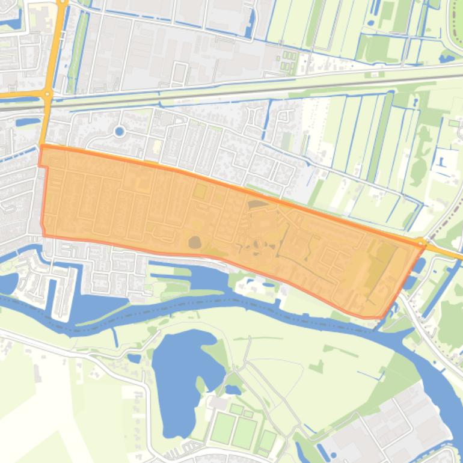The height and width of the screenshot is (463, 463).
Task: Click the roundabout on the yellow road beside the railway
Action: point(47,93)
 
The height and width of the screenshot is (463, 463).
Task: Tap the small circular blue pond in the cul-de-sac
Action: point(119,130)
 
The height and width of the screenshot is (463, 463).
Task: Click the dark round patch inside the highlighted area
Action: point(195,242)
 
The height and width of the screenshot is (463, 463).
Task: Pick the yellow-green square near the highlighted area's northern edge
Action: point(199,192)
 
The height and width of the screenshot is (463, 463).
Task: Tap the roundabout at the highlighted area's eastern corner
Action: point(420,243)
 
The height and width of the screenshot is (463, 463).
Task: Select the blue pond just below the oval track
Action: point(447,58)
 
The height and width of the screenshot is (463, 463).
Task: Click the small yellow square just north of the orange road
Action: point(157,146)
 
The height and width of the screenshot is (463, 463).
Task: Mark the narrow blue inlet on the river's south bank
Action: point(115,337)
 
